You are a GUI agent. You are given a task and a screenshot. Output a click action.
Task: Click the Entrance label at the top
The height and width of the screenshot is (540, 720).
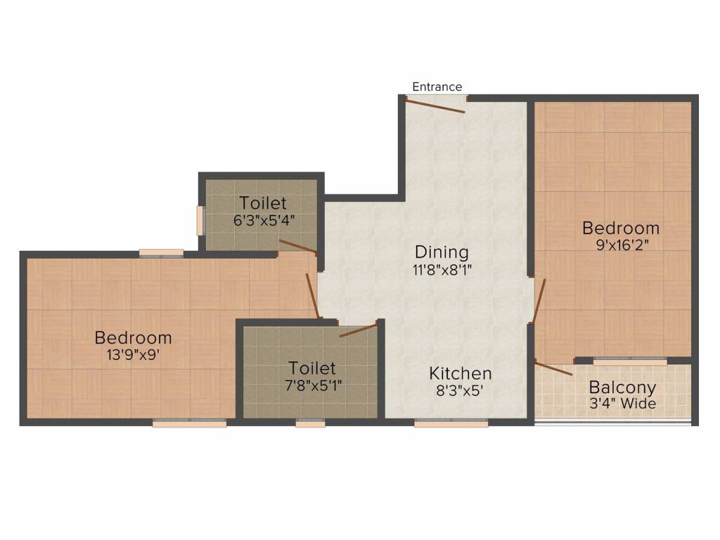pos(437,86)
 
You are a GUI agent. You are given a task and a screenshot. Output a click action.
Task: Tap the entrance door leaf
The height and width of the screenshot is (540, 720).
pos(435,105)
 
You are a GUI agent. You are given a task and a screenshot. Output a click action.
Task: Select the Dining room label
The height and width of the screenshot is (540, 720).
pos(441,252)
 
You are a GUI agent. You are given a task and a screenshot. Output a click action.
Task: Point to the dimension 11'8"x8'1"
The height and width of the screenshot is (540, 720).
pos(441,269)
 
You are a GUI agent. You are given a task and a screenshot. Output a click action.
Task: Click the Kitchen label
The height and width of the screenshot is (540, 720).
pos(461,373)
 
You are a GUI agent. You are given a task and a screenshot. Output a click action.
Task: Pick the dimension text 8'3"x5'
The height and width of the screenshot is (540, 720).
pos(461,390)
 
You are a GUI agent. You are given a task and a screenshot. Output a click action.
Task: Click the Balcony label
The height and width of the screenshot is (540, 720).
pos(622,387)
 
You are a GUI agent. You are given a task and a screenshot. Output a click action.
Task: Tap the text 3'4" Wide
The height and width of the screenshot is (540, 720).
pos(622,404)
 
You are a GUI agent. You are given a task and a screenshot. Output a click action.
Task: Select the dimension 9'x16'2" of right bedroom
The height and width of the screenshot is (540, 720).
pos(621,245)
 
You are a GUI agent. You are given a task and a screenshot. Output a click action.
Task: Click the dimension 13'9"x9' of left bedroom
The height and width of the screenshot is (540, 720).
pos(133,355)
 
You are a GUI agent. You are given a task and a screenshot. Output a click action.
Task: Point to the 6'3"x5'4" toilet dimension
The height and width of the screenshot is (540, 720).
pos(263,219)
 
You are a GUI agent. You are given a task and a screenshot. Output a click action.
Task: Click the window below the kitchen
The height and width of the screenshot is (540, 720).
pos(451,423)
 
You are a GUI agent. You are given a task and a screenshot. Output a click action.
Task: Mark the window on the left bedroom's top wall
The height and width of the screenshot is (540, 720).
pos(161,254)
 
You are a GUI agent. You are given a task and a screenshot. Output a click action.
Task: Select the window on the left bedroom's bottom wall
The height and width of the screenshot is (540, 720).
pos(189,423)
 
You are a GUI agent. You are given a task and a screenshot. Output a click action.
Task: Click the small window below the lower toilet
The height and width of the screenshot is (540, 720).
pos(310,423)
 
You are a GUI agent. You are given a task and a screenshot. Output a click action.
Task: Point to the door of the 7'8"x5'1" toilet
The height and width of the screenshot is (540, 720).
pos(359,329)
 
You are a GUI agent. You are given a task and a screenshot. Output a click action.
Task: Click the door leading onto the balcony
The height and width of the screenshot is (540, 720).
pos(553,368)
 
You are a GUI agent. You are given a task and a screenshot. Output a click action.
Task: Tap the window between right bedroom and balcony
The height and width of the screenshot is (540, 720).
pos(629,361)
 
